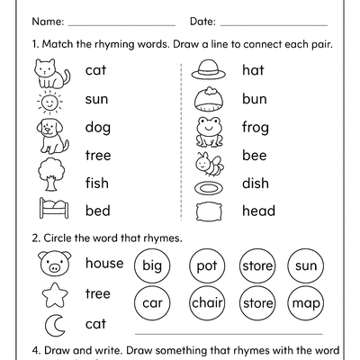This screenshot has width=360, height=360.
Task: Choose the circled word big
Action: pos(152,266)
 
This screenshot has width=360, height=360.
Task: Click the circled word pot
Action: pos(207,266)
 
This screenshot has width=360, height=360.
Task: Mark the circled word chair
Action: pos(207,302)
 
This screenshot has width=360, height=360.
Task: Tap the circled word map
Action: pos(306,302)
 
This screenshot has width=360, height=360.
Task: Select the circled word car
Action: pos(152,302)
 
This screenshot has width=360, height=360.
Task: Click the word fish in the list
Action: pos(96,184)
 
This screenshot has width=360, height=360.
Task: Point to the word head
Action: pos(259,211)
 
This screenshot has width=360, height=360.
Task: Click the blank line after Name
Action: pos(121,22)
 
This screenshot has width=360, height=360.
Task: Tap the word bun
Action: pos(255,99)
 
